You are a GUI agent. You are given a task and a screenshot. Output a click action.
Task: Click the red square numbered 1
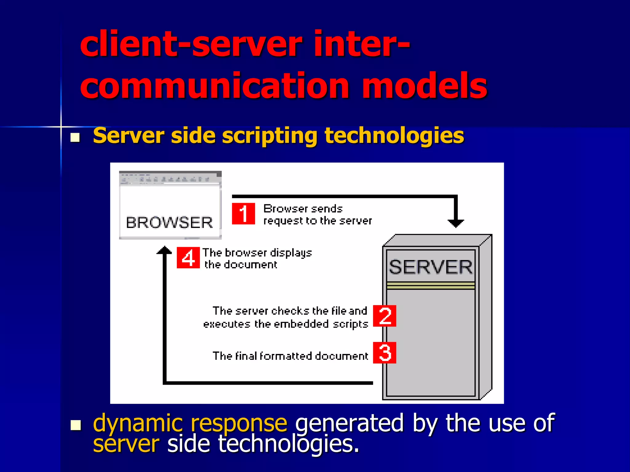click(x=243, y=214)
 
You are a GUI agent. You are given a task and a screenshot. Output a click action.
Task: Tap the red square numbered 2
click(x=385, y=316)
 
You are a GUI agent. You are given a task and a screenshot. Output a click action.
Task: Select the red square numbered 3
click(x=385, y=353)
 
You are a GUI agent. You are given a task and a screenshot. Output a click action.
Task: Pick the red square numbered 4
click(x=188, y=258)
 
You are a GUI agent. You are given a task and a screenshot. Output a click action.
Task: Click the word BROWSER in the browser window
click(x=169, y=222)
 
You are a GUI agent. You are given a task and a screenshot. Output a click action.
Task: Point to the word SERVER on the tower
click(x=430, y=267)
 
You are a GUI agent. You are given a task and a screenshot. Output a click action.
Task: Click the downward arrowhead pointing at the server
click(x=456, y=223)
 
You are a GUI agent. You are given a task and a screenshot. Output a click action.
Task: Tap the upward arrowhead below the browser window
click(x=164, y=250)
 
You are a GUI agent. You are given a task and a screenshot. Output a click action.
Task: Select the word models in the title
click(x=425, y=86)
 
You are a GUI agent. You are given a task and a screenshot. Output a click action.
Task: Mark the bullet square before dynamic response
click(x=75, y=425)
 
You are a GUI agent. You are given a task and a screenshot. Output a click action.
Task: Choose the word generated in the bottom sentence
click(x=349, y=423)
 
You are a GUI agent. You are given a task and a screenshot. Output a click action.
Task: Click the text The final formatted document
click(x=290, y=356)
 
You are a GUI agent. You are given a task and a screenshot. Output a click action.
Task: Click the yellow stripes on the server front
click(x=431, y=286)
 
